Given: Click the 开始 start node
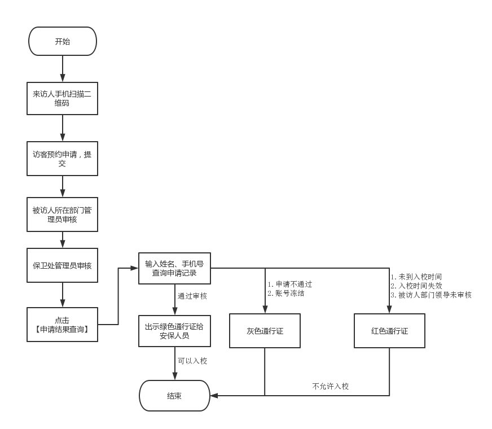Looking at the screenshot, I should click(63, 41).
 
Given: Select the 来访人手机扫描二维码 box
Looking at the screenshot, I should click(63, 99).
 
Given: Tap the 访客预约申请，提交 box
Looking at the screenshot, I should click(63, 159).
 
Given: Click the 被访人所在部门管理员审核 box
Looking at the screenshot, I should click(63, 214).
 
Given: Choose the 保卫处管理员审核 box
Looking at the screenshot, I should click(63, 265).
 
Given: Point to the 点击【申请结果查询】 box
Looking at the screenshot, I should click(63, 325).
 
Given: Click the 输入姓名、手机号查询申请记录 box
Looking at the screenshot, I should click(174, 268).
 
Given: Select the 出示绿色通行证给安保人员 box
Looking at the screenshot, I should click(174, 331).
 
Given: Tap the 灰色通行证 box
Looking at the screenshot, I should click(265, 331).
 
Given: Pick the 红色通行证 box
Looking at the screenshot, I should click(389, 331).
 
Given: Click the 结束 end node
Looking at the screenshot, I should click(174, 396).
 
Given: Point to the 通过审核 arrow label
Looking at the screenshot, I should click(192, 296).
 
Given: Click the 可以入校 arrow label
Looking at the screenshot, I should click(192, 361).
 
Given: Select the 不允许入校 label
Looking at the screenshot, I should click(331, 387).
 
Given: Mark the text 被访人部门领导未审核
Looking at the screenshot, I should click(434, 295).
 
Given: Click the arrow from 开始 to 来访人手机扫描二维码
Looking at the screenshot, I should click(63, 69).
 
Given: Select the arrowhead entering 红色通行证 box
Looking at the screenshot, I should click(389, 310).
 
